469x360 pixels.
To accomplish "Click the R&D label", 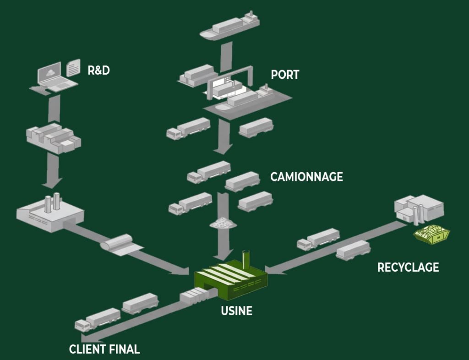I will click(98, 71).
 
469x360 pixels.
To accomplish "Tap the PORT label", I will click(285, 74).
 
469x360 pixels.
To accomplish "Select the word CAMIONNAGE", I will click(306, 177).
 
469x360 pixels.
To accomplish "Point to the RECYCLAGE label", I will click(408, 267).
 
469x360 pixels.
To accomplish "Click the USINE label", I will click(236, 311).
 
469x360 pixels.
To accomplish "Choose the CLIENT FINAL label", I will click(104, 349).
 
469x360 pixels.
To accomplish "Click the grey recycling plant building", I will click(419, 209).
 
